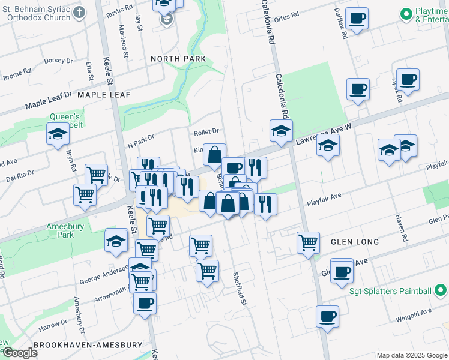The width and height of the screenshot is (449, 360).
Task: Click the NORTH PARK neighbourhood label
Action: pyautogui.click(x=178, y=59)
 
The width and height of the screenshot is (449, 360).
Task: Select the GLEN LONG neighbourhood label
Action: pyautogui.click(x=354, y=242)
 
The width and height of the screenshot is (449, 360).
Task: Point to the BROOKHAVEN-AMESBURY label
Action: pyautogui.click(x=88, y=345)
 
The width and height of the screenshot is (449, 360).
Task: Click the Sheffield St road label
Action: pyautogui.click(x=240, y=287)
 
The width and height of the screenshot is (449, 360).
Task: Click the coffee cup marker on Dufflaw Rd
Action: pyautogui.click(x=357, y=19)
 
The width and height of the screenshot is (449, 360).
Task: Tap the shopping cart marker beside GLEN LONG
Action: pyautogui.click(x=308, y=243)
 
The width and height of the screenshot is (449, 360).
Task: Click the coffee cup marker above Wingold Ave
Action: pyautogui.click(x=327, y=316)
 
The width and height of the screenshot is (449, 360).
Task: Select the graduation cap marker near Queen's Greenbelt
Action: pyautogui.click(x=58, y=133)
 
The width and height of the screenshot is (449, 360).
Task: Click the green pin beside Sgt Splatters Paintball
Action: pyautogui.click(x=441, y=292)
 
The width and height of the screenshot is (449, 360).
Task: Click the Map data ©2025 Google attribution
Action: pyautogui.click(x=411, y=355)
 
